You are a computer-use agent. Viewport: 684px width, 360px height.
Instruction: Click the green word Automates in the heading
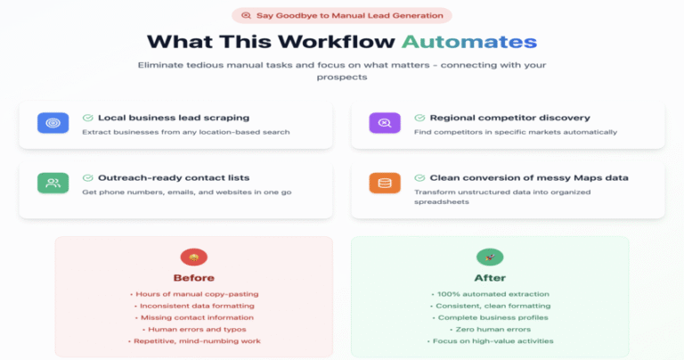click(469, 42)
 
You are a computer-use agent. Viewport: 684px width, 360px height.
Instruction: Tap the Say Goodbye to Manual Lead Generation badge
click(342, 16)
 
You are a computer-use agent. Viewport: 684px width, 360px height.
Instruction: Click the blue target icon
click(53, 123)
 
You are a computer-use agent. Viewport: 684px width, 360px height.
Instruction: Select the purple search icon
click(385, 123)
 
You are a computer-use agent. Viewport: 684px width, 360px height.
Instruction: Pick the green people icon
click(53, 183)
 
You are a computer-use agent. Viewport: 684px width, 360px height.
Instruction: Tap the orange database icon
click(385, 183)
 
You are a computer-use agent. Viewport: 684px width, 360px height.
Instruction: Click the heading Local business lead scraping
click(174, 118)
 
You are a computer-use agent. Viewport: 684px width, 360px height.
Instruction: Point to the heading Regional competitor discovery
click(510, 118)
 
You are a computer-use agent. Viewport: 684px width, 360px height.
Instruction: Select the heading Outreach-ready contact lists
click(174, 177)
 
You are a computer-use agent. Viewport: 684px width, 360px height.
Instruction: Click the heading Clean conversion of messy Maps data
click(529, 177)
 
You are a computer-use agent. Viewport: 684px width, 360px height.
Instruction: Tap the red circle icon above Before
click(194, 257)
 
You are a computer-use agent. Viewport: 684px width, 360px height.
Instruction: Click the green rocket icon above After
click(490, 257)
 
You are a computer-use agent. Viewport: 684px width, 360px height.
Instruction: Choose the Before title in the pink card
click(194, 278)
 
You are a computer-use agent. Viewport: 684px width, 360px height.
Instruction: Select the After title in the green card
click(490, 278)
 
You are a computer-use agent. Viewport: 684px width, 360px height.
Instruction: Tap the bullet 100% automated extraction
click(491, 294)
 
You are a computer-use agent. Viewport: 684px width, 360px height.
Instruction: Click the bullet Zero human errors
click(491, 330)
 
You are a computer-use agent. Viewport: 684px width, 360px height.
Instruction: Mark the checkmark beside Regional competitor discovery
click(419, 118)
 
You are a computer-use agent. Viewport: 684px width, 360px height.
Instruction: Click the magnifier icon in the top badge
click(247, 16)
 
